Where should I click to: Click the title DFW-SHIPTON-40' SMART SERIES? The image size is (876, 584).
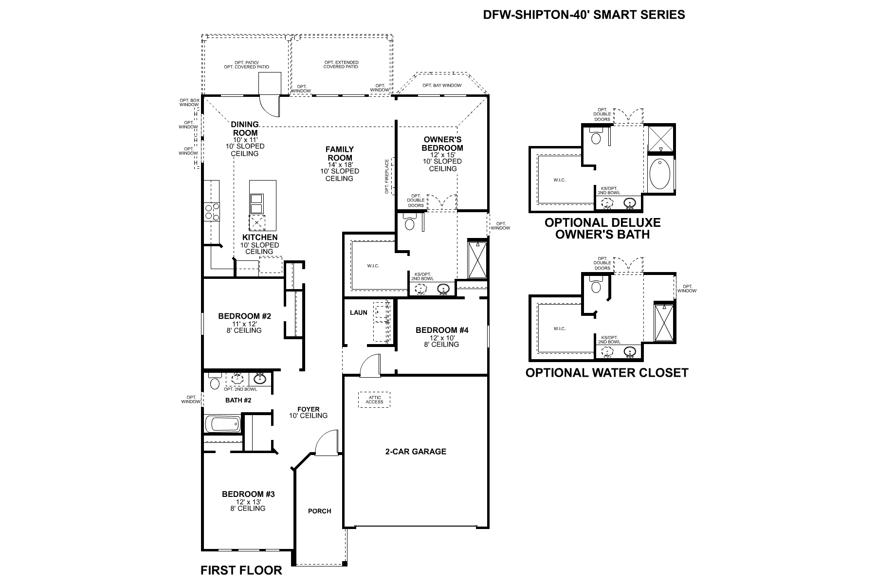coord(584,15)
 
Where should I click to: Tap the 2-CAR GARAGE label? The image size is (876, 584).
coord(415,452)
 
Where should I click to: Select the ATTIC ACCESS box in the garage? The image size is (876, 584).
coord(374,400)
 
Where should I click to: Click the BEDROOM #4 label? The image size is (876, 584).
coord(441,330)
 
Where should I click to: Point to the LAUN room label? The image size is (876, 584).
coord(358,312)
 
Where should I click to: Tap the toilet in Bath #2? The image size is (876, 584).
coord(215,383)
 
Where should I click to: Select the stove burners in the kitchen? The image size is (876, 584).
coord(212,212)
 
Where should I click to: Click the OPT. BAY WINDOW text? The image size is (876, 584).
coord(441,86)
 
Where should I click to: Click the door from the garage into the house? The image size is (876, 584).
coord(369,366)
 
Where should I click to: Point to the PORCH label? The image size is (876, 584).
coord(319,511)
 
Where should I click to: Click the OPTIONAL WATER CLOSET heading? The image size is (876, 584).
coord(606,373)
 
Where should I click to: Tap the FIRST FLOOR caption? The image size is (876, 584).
coord(241,570)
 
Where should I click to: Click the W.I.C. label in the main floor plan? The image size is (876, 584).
coord(373,266)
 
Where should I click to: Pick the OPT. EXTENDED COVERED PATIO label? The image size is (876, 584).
coord(341,64)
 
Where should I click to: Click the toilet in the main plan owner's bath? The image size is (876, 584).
coord(409,224)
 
